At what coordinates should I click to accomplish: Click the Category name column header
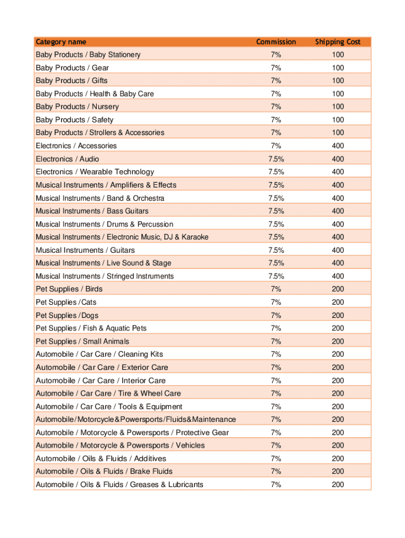click(x=61, y=42)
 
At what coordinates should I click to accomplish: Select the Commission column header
click(x=276, y=42)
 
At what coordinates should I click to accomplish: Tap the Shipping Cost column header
click(x=338, y=42)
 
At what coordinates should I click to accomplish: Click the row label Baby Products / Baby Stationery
click(x=88, y=55)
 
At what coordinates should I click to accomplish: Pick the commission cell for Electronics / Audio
click(x=276, y=159)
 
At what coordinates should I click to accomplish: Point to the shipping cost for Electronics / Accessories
click(x=338, y=146)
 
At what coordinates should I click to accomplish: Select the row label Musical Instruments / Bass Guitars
click(x=92, y=211)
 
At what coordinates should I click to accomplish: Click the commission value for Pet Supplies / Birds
click(x=276, y=289)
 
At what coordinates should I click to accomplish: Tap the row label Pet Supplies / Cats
click(x=66, y=302)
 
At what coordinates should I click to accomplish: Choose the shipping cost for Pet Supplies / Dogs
click(x=338, y=315)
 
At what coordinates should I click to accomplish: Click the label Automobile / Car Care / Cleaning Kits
click(x=99, y=354)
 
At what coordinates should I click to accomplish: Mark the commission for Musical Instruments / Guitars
click(x=276, y=250)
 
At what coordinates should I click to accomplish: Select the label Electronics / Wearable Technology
click(x=95, y=172)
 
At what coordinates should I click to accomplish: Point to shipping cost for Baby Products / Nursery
click(x=338, y=107)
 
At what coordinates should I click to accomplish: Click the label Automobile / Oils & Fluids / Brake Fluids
click(x=104, y=471)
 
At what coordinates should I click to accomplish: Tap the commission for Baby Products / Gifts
click(x=276, y=80)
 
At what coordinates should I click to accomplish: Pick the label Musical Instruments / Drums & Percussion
click(x=104, y=224)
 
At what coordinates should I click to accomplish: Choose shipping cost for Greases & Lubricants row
click(x=338, y=484)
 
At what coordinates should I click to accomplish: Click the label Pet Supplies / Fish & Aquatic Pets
click(x=91, y=328)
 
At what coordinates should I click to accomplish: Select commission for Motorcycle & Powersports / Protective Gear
click(x=276, y=432)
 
